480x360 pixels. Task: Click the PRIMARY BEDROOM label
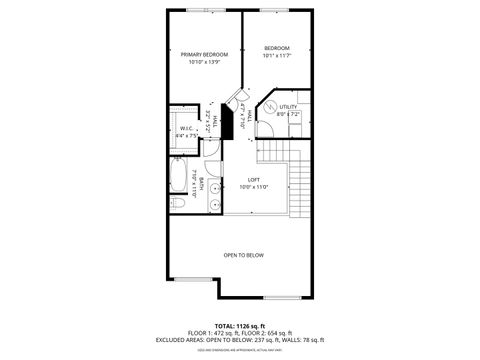204,54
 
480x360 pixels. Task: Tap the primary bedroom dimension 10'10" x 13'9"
204,62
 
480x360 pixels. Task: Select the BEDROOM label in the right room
277,48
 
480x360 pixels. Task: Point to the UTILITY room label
288,106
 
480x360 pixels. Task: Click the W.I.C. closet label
187,128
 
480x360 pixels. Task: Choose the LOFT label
254,179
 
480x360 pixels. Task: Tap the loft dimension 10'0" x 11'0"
254,187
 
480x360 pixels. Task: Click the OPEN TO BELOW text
243,255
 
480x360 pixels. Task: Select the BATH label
201,183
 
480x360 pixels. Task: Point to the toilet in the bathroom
178,203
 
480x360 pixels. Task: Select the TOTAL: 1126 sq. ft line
239,325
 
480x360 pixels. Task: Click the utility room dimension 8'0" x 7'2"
288,114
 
